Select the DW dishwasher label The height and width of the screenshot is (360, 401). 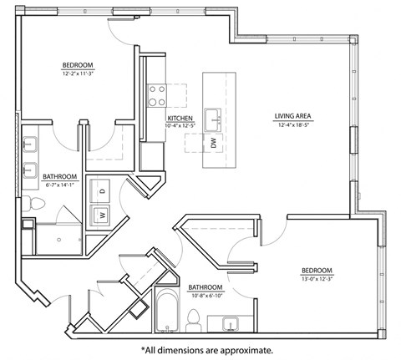214,144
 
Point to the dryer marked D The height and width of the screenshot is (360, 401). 103,191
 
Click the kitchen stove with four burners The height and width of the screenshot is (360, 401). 156,96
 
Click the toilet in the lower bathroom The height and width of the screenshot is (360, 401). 194,318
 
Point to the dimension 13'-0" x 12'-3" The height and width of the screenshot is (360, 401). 317,279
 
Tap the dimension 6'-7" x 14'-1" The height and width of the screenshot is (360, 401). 60,185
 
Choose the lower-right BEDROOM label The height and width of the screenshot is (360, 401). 317,271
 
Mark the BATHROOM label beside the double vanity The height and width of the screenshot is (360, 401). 60,176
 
